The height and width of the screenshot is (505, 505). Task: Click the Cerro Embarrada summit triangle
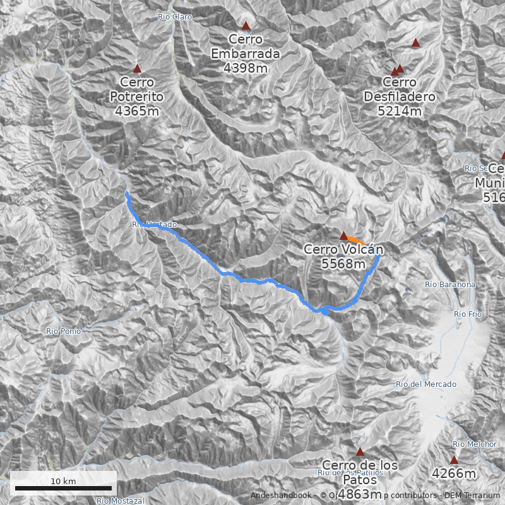(x=246, y=27)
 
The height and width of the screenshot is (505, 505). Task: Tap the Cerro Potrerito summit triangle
(x=137, y=69)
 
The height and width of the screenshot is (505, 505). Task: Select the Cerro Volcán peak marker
(x=344, y=236)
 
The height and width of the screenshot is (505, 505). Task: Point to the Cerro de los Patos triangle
(x=360, y=452)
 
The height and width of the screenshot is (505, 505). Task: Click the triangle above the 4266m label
(x=454, y=460)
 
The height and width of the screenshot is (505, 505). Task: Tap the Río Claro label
(x=175, y=17)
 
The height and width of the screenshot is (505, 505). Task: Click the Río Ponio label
(x=63, y=331)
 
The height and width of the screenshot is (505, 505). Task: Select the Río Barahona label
(x=450, y=285)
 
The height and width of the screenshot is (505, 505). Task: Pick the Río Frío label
(x=468, y=314)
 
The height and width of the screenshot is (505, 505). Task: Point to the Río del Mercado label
(x=425, y=384)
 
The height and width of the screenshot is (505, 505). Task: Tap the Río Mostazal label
(x=121, y=501)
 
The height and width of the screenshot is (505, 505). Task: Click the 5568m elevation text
(x=343, y=264)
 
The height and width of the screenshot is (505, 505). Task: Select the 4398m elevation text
(x=246, y=68)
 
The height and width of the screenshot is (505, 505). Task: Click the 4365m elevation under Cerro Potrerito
(x=136, y=111)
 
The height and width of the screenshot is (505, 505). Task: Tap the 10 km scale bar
(x=63, y=487)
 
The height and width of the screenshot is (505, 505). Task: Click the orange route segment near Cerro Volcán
(x=355, y=240)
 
